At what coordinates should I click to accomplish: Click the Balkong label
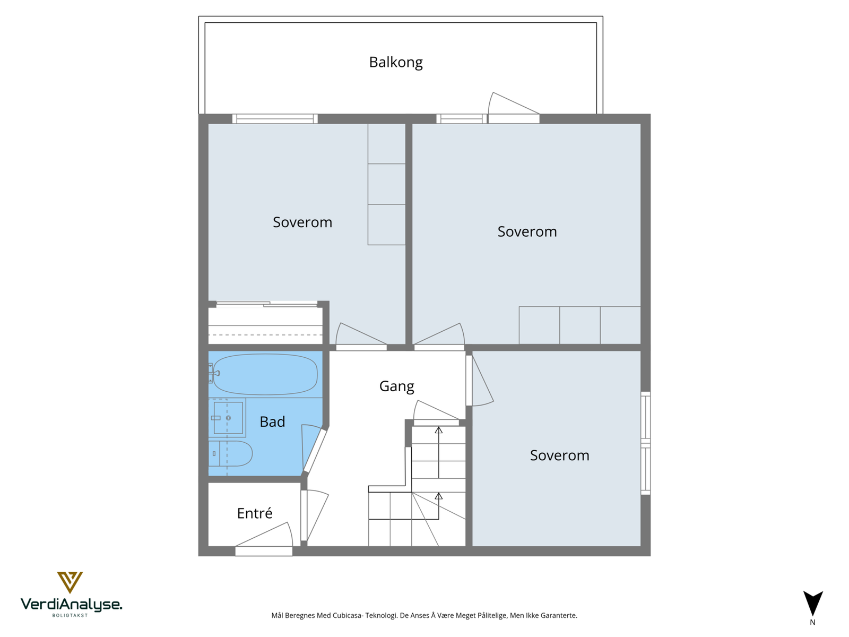tap(396, 62)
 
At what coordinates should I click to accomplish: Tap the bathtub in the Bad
tap(265, 374)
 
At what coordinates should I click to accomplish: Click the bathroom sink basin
tap(228, 418)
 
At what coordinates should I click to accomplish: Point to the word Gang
tap(396, 386)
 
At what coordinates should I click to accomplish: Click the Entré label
tap(255, 513)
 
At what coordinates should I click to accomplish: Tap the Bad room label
tap(272, 421)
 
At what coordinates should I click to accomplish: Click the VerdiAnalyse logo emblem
tap(70, 582)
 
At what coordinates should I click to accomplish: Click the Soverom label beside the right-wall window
tap(559, 455)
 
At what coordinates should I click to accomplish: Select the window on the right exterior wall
tap(646, 443)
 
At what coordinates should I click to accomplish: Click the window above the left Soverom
tap(275, 119)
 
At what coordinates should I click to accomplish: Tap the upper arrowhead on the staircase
tap(438, 429)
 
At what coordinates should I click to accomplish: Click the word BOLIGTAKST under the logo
tap(70, 615)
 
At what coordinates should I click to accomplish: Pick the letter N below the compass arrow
tap(812, 622)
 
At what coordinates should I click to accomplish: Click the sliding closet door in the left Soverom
tap(266, 304)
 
